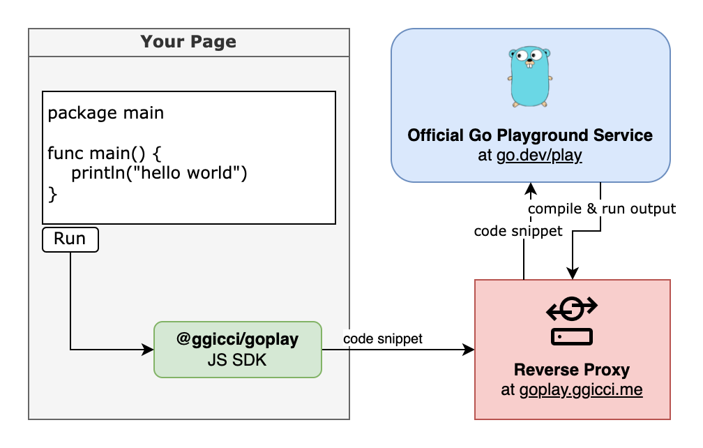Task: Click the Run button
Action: click(70, 239)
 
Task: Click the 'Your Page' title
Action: click(188, 42)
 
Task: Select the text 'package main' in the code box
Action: click(106, 113)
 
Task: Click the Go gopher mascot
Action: click(530, 77)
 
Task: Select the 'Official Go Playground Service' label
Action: click(530, 135)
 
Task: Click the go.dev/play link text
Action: click(539, 156)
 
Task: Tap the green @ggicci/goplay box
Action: click(237, 349)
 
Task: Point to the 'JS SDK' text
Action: click(237, 360)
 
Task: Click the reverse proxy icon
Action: click(572, 320)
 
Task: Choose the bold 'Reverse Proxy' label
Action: click(572, 370)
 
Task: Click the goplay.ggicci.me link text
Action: click(581, 390)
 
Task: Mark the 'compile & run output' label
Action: click(602, 209)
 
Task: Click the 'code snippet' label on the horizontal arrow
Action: click(383, 338)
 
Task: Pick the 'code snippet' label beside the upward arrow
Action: click(518, 231)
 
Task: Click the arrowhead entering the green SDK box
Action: click(148, 349)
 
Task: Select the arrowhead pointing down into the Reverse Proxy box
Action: click(573, 274)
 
